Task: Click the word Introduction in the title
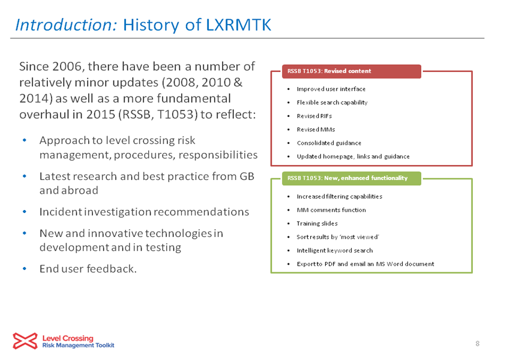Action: click(66, 25)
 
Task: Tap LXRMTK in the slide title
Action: click(238, 25)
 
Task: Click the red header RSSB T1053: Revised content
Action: click(351, 71)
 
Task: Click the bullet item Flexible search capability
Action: click(332, 103)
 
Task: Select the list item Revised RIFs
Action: click(314, 116)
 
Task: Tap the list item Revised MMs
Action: click(316, 130)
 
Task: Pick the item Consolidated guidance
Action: click(329, 143)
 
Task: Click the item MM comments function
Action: click(331, 210)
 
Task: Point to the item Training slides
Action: click(317, 223)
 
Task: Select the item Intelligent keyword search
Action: click(335, 250)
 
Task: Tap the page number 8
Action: click(478, 343)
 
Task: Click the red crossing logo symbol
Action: click(25, 341)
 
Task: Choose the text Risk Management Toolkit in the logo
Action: click(78, 346)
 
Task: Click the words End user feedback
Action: click(88, 269)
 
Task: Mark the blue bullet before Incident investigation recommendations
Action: click(25, 212)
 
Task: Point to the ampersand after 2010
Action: click(238, 82)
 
